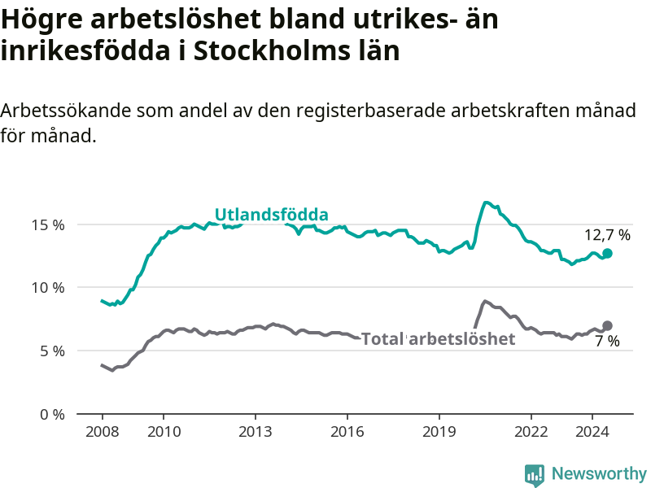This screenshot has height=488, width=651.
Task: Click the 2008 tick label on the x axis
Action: pyautogui.click(x=103, y=432)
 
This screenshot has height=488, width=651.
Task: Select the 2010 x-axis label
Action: pyautogui.click(x=164, y=432)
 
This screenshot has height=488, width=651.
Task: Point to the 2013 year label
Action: pyautogui.click(x=256, y=432)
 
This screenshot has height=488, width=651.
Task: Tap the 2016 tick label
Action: pyautogui.click(x=347, y=432)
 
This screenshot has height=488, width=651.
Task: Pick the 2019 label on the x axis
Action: pyautogui.click(x=439, y=432)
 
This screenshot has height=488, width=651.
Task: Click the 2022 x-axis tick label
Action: pyautogui.click(x=531, y=432)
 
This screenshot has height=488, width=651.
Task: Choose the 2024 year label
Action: pyautogui.click(x=592, y=432)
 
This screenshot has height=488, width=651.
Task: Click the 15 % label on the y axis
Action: pyautogui.click(x=48, y=225)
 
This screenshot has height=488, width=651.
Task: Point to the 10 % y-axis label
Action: pyautogui.click(x=48, y=288)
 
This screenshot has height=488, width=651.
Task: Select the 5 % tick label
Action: pyautogui.click(x=52, y=351)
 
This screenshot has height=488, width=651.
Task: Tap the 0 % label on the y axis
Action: pyautogui.click(x=52, y=415)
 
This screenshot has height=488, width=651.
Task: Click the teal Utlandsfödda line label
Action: pyautogui.click(x=272, y=215)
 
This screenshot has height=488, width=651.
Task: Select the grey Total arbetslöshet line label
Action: pyautogui.click(x=439, y=339)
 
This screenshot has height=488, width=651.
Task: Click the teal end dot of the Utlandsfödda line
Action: pyautogui.click(x=607, y=253)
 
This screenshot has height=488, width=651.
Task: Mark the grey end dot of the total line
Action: pyautogui.click(x=607, y=326)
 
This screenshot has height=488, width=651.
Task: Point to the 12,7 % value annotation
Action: pyautogui.click(x=607, y=235)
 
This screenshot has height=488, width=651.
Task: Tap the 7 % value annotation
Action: pyautogui.click(x=607, y=341)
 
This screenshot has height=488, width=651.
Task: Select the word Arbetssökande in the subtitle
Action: pyautogui.click(x=66, y=111)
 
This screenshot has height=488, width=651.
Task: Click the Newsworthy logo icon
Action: pyautogui.click(x=535, y=475)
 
